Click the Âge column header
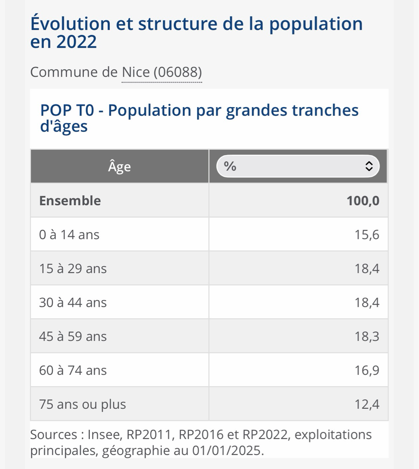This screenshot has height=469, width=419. (x=119, y=166)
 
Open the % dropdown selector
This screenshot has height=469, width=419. (x=298, y=166)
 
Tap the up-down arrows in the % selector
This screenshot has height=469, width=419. (x=368, y=166)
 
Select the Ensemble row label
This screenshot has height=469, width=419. (x=70, y=200)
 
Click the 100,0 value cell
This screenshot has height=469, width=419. (x=363, y=200)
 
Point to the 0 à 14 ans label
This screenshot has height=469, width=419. (x=69, y=234)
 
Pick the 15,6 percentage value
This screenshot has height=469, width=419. (x=367, y=234)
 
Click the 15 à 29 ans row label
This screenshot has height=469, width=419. (x=73, y=269)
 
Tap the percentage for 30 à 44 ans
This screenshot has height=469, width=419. (x=367, y=303)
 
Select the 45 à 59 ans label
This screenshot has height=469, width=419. (x=73, y=337)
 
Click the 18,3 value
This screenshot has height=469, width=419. (x=367, y=337)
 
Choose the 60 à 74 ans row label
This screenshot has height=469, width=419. (x=73, y=370)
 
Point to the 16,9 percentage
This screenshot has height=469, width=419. (x=367, y=370)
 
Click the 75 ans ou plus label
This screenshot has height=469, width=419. (x=82, y=404)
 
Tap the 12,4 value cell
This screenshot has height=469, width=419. (x=367, y=404)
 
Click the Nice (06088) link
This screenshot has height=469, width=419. (x=162, y=72)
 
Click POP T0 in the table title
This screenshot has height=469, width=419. (x=67, y=111)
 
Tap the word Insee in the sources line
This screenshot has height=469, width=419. (x=102, y=435)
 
